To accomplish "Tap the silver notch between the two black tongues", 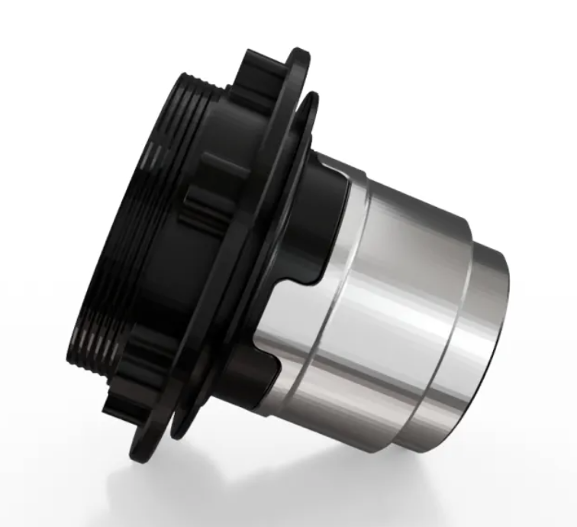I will coord(294,290).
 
